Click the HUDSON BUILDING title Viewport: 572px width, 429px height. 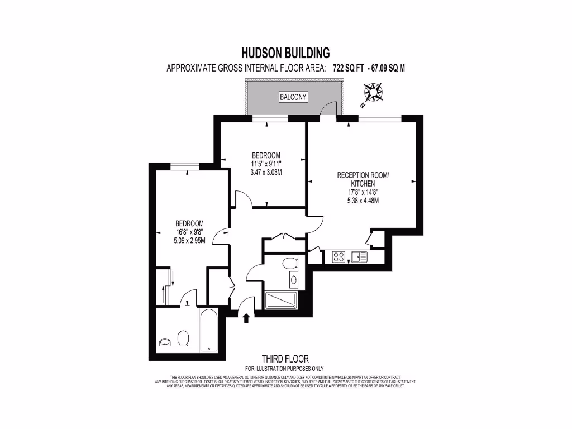[285, 53]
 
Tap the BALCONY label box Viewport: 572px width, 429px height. [293, 97]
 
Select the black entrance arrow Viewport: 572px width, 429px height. [246, 318]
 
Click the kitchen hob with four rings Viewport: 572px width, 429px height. [339, 257]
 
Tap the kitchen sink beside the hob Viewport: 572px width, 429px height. [359, 257]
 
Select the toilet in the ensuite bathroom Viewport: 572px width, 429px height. [183, 338]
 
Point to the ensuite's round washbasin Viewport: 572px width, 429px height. [165, 342]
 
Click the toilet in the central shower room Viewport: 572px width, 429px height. [289, 263]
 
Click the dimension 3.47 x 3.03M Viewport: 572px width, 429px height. [266, 173]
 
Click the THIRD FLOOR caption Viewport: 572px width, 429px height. [285, 359]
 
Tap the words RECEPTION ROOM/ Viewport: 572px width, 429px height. [363, 175]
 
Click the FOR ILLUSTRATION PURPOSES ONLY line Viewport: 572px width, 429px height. [284, 369]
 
